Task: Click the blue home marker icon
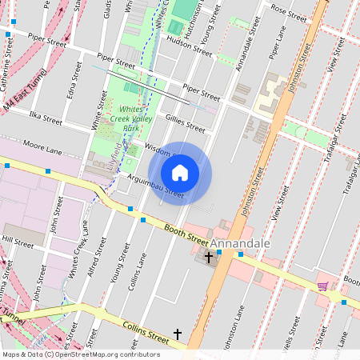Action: (x=180, y=173)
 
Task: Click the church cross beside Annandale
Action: (x=210, y=258)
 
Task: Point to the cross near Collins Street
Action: (x=178, y=332)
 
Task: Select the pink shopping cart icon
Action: (x=322, y=286)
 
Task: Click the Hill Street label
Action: (x=18, y=239)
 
